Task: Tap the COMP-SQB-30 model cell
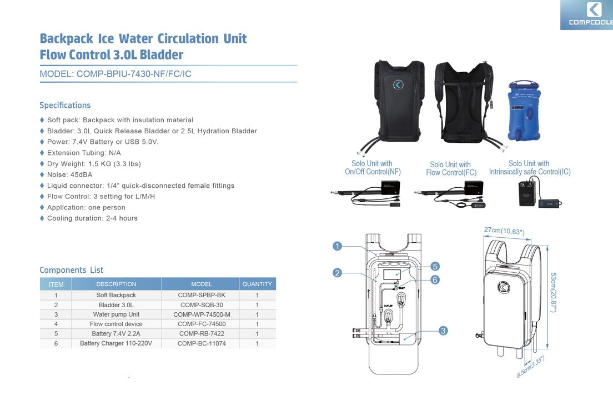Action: [201, 305]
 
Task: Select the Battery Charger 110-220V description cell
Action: [116, 343]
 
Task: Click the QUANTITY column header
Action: [257, 284]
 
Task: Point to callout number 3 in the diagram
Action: [443, 331]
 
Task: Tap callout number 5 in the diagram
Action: [435, 267]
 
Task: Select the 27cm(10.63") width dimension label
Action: [504, 231]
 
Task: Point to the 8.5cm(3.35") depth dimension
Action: [530, 367]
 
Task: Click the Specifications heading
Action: [65, 105]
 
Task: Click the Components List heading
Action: [71, 270]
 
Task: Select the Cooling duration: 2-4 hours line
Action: [92, 218]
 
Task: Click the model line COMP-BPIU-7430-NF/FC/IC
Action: [115, 74]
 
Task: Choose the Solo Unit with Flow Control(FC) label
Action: [450, 168]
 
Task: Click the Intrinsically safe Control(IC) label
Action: [530, 172]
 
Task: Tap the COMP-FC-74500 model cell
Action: [201, 324]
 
